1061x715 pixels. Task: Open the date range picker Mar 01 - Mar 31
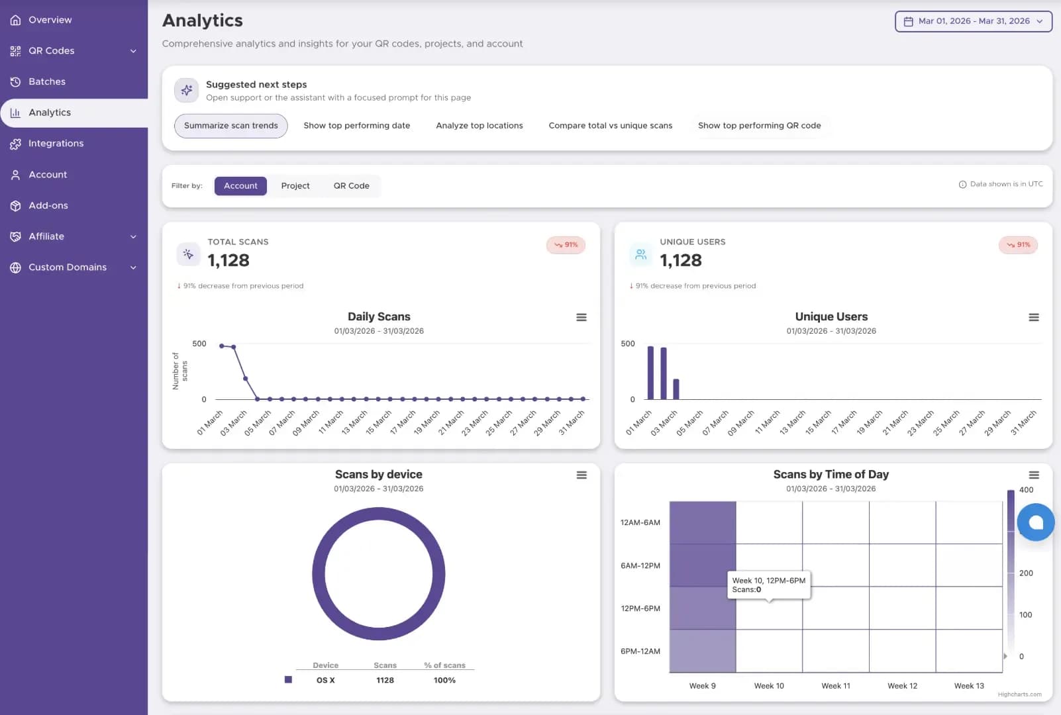coord(974,21)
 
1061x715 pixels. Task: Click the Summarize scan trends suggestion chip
coord(230,126)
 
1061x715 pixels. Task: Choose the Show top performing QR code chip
coord(759,126)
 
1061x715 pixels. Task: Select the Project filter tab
coord(295,185)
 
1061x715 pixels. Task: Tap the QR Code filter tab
coord(351,185)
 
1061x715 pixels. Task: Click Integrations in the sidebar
coord(56,144)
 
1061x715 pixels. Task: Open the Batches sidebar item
coord(47,81)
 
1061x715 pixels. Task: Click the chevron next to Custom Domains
coord(133,267)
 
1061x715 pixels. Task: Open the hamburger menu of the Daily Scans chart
coord(581,317)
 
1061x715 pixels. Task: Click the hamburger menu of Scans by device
coord(581,475)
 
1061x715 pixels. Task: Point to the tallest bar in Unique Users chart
coord(650,373)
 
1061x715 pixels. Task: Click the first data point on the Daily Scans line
coord(222,346)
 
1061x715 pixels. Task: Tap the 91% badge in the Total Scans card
coord(566,245)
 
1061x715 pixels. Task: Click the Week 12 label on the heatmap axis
coord(902,686)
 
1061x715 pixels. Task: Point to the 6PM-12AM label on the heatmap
coord(640,651)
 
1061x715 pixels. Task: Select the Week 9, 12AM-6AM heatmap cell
coord(703,522)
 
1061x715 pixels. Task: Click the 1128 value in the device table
coord(385,680)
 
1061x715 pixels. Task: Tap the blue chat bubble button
coord(1035,522)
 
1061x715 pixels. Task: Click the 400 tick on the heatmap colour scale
coord(1026,490)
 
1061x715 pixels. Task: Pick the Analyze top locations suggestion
coord(479,126)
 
